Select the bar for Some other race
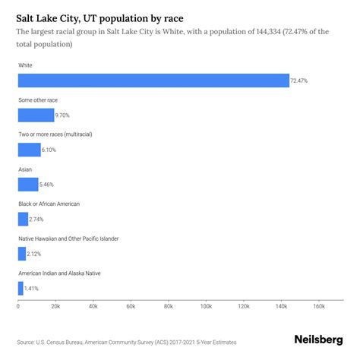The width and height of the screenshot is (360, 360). tap(36, 115)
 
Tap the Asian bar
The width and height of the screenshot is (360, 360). tap(28, 184)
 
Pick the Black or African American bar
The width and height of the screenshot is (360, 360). tap(23, 219)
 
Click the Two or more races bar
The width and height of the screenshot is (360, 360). tap(29, 150)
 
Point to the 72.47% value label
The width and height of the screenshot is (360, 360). tap(301, 81)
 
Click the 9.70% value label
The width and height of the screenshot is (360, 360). tap(65, 115)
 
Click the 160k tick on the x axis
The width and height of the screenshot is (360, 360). tap(318, 307)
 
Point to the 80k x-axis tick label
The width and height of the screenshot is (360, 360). tap(168, 307)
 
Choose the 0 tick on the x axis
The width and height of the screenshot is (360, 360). tap(18, 307)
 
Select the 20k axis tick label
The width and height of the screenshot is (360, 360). tap(55, 307)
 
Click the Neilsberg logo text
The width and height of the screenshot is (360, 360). tap(318, 341)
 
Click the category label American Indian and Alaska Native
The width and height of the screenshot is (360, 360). tap(59, 273)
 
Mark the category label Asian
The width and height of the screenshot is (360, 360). tap(26, 169)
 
